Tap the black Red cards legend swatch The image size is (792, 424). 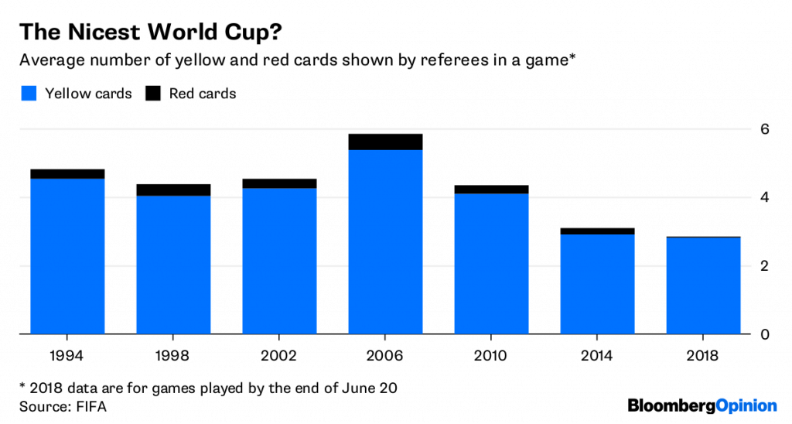coord(154,94)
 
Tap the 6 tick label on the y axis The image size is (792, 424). coord(764,129)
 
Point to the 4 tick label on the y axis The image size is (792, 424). coord(764,197)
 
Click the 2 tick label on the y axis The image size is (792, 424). coord(764,266)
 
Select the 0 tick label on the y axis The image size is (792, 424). coord(764,335)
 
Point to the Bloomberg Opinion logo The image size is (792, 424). coord(702,405)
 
